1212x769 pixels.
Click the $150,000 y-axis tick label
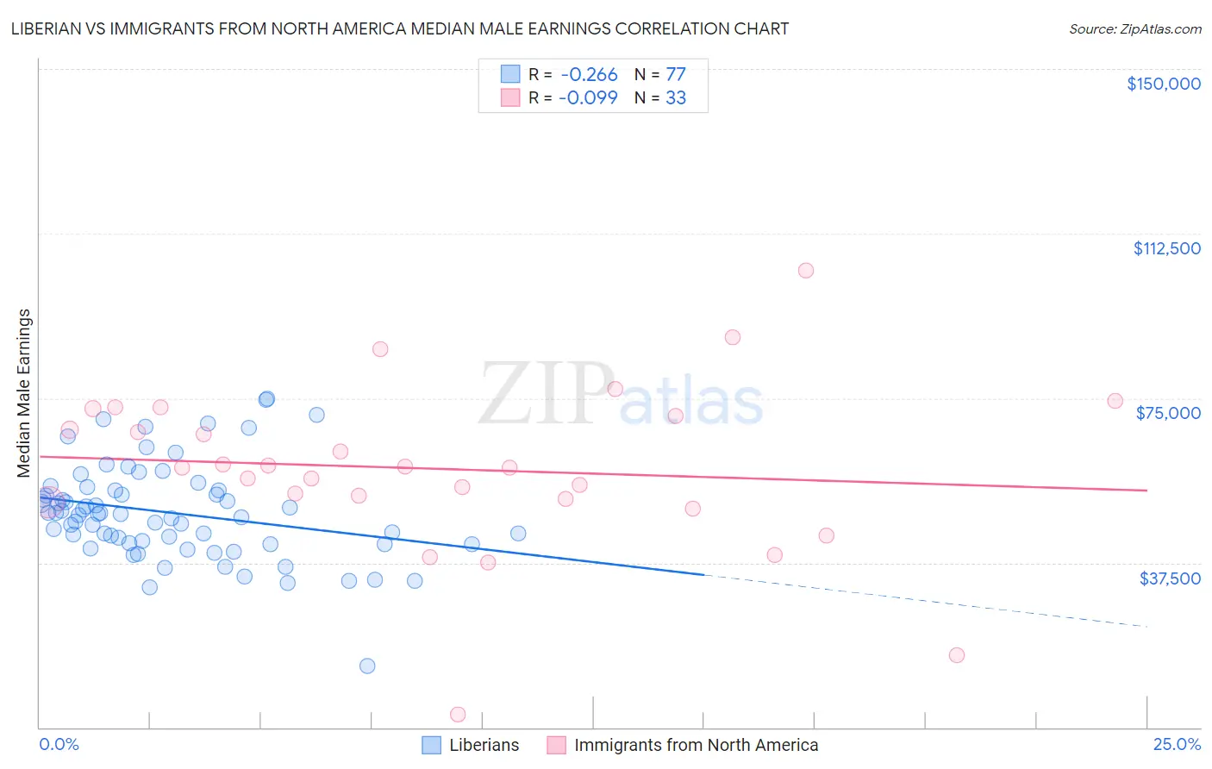(x=1163, y=84)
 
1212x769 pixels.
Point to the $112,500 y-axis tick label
(x=1166, y=248)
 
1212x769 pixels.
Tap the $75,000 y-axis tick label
(x=1168, y=413)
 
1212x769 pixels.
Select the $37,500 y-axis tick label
(x=1170, y=578)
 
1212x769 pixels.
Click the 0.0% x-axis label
(x=59, y=745)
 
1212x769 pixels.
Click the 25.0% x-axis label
(x=1177, y=745)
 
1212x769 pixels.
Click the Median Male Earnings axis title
(x=24, y=392)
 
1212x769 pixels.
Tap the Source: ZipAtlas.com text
(x=1134, y=28)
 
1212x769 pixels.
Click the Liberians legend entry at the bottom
(x=484, y=746)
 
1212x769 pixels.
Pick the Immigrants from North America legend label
(x=696, y=746)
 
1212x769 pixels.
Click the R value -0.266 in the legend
(x=589, y=74)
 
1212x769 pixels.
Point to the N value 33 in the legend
(x=676, y=98)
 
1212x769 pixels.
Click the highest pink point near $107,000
(x=806, y=271)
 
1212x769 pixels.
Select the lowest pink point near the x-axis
(x=459, y=715)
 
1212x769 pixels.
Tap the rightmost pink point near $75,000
(x=1115, y=401)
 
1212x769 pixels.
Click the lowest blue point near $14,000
(x=367, y=666)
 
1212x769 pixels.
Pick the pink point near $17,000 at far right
(x=956, y=655)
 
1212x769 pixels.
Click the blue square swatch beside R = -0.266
(x=510, y=74)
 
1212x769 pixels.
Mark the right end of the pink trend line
(x=1146, y=491)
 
